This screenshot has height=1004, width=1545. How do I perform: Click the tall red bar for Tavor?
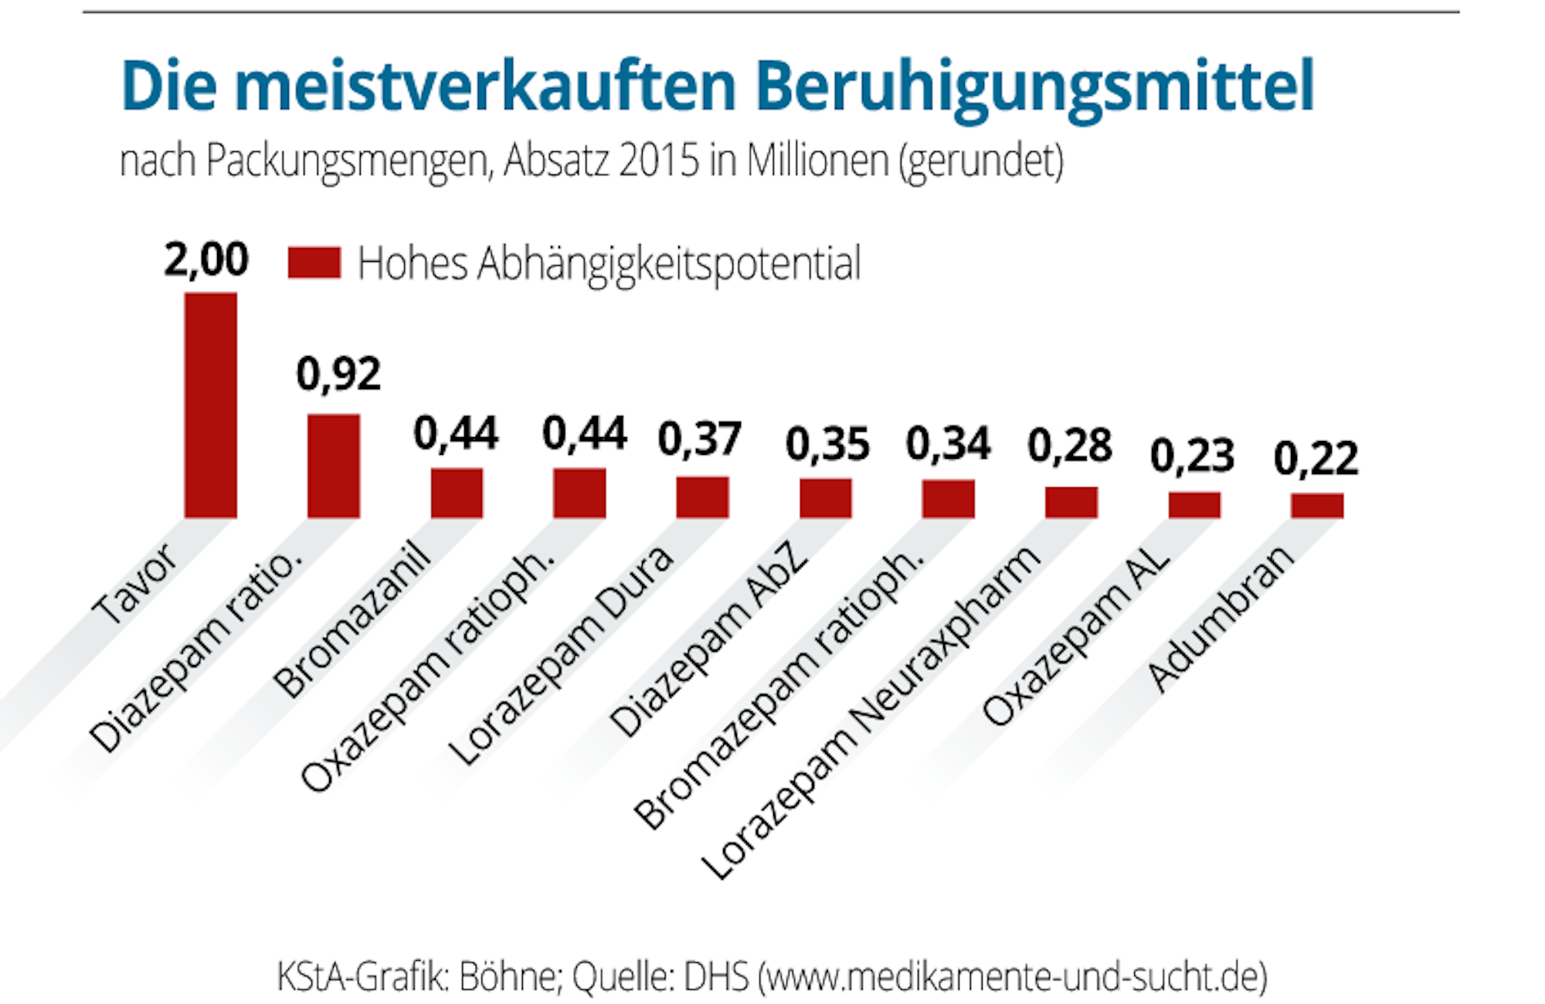click(210, 405)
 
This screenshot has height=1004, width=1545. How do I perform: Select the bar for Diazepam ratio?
click(334, 466)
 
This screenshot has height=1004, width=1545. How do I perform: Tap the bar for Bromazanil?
click(457, 493)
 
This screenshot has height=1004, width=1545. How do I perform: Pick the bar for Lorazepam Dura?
click(702, 497)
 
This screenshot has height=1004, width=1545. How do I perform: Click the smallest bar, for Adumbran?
click(1317, 505)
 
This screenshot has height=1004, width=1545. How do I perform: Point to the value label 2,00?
click(206, 259)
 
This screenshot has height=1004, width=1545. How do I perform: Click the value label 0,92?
click(338, 374)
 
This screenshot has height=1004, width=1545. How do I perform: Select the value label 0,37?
click(700, 439)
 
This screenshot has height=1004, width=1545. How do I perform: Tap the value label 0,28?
click(1070, 446)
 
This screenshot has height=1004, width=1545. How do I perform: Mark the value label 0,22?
click(1316, 459)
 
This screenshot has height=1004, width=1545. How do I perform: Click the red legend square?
click(314, 263)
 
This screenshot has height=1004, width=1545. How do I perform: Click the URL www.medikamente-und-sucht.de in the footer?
click(1013, 977)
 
